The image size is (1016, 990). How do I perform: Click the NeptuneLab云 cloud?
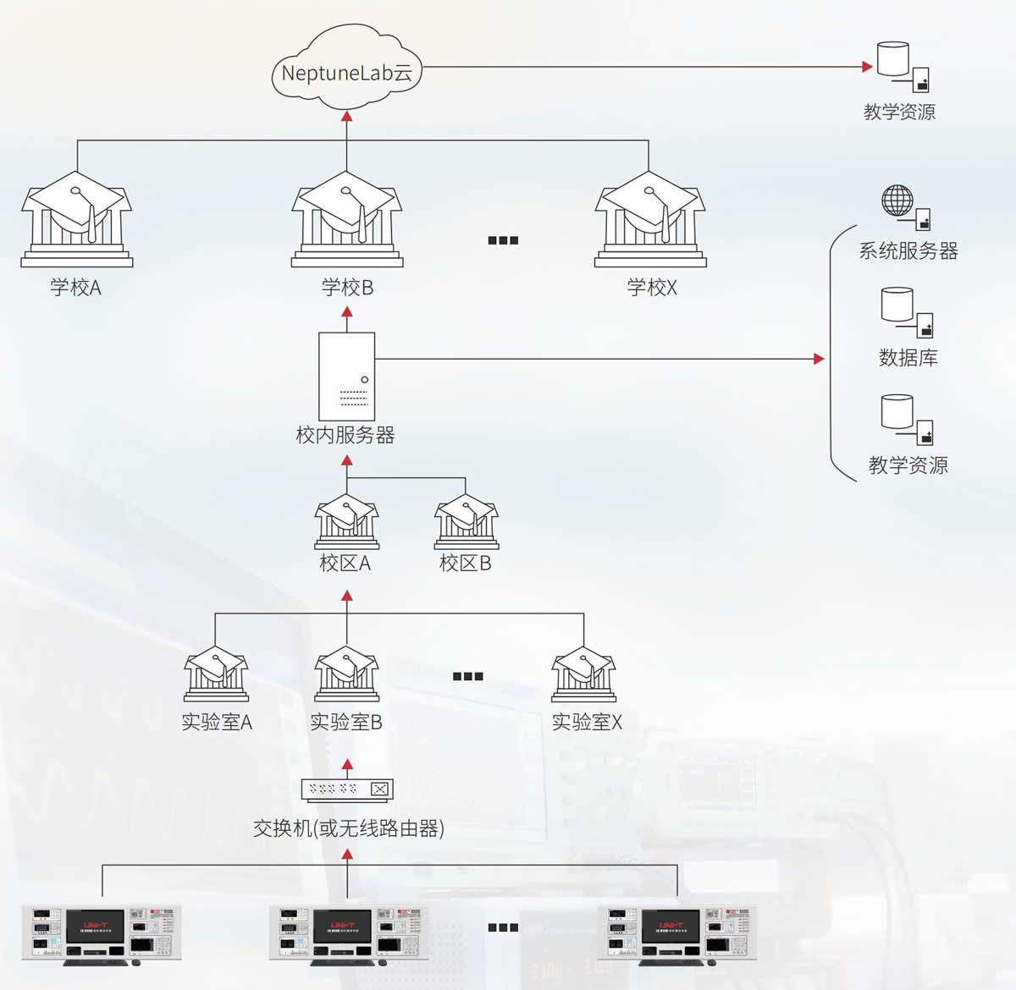346,71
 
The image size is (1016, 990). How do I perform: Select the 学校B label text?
347,288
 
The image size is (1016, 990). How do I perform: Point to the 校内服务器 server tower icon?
346,375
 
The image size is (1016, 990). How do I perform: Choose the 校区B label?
465,564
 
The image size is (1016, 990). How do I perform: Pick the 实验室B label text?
345,723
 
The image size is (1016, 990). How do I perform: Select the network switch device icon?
347,789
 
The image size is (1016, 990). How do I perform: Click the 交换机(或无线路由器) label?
349,828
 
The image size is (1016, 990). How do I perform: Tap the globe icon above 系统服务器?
897,201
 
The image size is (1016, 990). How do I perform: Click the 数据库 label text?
908,358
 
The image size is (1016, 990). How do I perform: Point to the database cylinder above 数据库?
897,305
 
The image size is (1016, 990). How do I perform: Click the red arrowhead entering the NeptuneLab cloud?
346,116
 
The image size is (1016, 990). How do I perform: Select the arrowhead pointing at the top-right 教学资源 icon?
867,66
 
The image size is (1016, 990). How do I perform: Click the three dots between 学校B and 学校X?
503,240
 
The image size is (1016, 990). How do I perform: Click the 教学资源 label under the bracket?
908,465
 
